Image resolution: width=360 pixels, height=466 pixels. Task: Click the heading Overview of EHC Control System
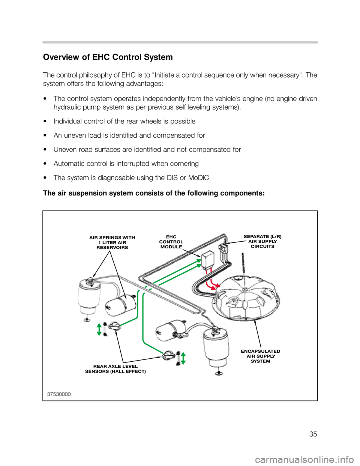tap(108, 57)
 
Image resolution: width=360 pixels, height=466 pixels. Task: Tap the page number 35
tap(313, 434)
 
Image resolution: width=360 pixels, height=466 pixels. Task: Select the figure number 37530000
tap(59, 394)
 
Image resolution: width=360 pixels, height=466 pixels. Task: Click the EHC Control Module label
tap(171, 242)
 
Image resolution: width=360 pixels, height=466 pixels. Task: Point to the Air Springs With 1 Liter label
tap(112, 242)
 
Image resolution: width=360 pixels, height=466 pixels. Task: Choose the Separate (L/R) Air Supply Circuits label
tap(262, 241)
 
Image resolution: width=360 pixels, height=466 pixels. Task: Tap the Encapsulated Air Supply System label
tap(260, 356)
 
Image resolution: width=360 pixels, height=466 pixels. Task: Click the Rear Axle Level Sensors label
tap(115, 369)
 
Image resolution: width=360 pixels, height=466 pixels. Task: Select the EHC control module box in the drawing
tap(207, 259)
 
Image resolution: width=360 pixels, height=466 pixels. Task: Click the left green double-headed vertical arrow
tap(99, 329)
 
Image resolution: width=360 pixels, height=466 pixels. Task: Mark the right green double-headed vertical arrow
tap(183, 358)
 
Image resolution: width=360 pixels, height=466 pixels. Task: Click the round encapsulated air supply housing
tap(246, 296)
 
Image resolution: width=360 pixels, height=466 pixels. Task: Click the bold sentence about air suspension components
tap(154, 193)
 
